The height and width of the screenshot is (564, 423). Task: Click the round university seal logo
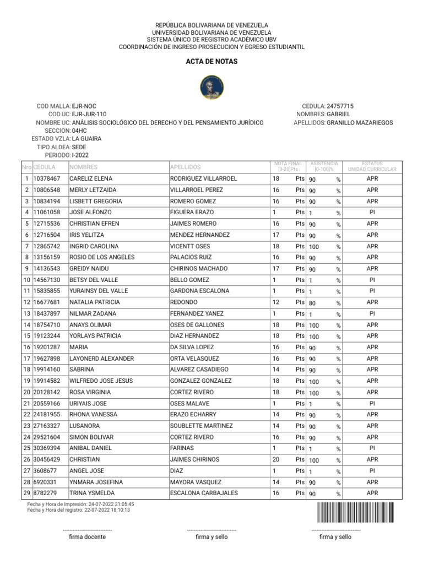(211, 84)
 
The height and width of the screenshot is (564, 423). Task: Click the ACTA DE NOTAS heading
(211, 62)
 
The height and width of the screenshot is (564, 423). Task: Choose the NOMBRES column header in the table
(83, 167)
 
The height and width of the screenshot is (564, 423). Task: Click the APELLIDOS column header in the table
(186, 167)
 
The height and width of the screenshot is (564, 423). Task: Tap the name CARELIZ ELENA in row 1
(90, 178)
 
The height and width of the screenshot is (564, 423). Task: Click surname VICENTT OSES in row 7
(190, 246)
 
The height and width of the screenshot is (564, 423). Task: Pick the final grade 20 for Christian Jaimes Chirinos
(276, 459)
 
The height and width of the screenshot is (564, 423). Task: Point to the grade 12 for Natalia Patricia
(276, 302)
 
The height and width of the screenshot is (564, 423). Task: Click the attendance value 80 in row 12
(312, 302)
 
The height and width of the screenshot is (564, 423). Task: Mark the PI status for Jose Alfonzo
(372, 212)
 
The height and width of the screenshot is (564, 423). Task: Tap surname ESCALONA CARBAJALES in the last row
(204, 493)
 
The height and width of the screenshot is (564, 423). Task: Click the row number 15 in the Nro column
(26, 336)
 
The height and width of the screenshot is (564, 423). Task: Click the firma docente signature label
(87, 536)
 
